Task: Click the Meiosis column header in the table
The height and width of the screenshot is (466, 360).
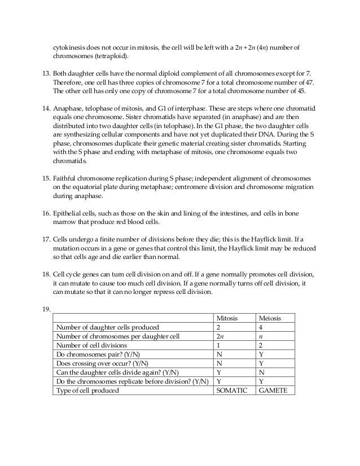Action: click(268, 318)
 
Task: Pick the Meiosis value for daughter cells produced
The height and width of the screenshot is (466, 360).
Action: click(260, 327)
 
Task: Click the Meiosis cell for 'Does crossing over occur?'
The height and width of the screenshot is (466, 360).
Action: click(260, 363)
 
